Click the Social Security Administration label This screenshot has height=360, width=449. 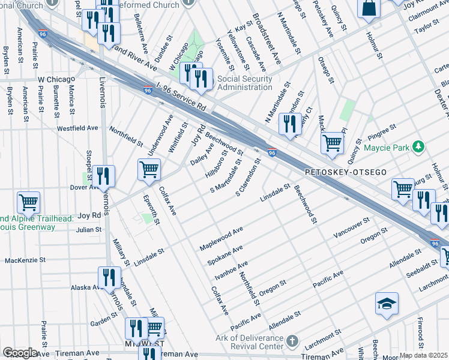tap(244, 83)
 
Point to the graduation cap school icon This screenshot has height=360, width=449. tap(387, 304)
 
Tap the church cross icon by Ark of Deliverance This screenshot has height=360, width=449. tap(292, 342)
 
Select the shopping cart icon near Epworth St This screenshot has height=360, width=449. tap(149, 169)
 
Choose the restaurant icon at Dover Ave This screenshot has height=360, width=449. tap(104, 176)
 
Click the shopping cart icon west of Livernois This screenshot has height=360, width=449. tap(28, 202)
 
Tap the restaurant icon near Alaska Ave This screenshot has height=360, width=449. tap(109, 277)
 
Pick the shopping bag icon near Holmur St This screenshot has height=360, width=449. tap(369, 9)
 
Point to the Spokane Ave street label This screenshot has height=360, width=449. tap(225, 255)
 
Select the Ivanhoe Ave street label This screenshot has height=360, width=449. tap(231, 271)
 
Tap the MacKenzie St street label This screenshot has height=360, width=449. tap(25, 260)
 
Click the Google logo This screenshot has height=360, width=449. tap(19, 353)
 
